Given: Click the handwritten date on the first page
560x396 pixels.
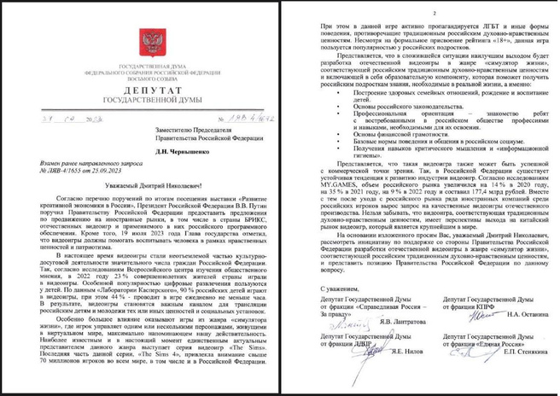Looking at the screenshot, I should (65, 118).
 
